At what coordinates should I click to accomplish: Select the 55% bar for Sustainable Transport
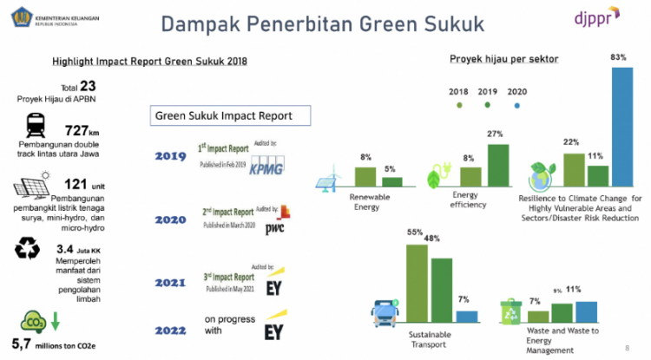(x=417, y=283)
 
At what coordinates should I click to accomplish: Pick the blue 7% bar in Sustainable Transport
(x=466, y=316)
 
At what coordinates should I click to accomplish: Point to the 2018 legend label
(x=459, y=91)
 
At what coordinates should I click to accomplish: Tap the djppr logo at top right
(x=599, y=19)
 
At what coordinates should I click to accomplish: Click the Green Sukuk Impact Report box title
(x=223, y=115)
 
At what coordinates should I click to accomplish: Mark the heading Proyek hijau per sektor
(x=503, y=59)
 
